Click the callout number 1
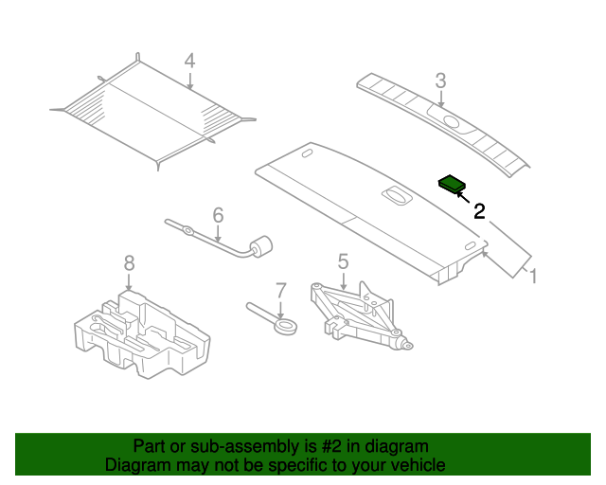coord(533,277)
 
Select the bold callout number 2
coord(479,211)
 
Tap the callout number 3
coord(440,80)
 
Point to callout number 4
coord(189,62)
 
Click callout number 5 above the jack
coord(343,260)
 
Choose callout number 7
coord(280,291)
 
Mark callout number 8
coord(129,262)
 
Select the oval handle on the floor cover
coord(396,195)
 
